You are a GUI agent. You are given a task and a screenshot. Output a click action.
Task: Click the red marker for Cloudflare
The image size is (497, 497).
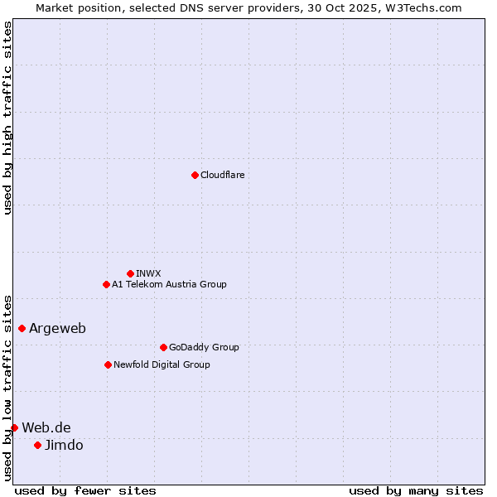[x=195, y=175]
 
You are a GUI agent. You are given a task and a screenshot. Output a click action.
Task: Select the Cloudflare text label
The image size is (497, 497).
[x=222, y=175]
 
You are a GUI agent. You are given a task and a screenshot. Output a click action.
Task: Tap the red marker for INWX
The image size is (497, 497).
[x=130, y=273]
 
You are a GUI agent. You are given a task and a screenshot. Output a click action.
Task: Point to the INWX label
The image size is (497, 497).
[x=148, y=273]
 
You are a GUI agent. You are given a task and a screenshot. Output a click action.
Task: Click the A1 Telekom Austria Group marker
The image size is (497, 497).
[x=106, y=284]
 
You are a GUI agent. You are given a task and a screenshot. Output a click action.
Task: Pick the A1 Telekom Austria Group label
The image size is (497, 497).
[x=169, y=284]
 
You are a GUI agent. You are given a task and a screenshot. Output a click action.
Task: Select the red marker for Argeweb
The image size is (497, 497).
[x=22, y=328]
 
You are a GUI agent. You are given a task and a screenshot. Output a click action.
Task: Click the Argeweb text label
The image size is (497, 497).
[x=57, y=329]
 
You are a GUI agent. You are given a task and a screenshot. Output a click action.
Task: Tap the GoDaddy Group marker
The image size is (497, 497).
[x=163, y=347]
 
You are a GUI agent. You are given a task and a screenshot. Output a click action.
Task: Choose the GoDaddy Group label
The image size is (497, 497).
[x=204, y=347]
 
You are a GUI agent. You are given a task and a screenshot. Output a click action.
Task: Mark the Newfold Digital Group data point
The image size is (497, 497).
[x=108, y=364]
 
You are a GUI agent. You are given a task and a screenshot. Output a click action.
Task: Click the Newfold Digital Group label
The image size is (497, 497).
[x=162, y=364]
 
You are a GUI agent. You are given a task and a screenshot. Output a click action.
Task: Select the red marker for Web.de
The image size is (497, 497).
[x=14, y=427]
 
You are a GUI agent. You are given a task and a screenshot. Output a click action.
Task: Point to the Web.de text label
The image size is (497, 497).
[x=46, y=427]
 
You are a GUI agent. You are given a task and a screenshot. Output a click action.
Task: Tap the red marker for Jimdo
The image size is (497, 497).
[x=37, y=445]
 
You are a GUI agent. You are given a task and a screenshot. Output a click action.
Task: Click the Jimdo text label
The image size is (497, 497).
[x=64, y=446]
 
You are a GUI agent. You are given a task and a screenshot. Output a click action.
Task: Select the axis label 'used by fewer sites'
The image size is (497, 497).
[x=85, y=491]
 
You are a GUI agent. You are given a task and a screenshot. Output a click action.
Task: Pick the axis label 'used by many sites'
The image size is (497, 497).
[x=416, y=491]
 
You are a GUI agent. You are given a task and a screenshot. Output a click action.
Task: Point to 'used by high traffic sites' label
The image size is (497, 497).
[x=7, y=118]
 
